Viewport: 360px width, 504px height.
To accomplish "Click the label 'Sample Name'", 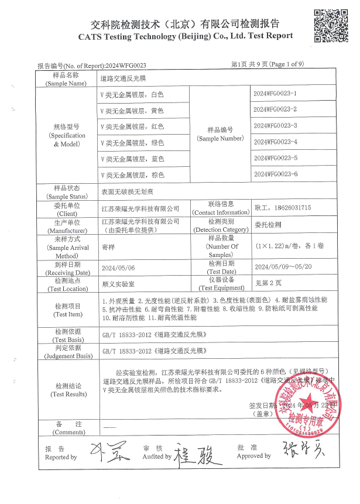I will pyautogui.click(x=66, y=84).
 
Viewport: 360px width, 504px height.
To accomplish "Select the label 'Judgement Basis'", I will pyautogui.click(x=66, y=355).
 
